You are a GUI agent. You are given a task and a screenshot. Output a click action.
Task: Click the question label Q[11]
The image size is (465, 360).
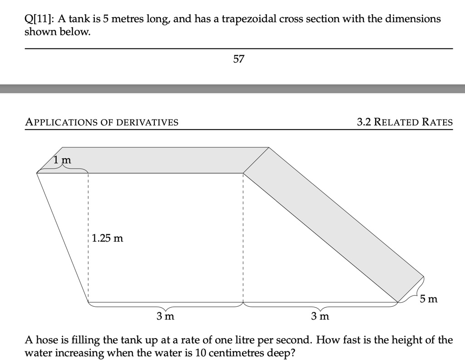click(x=39, y=19)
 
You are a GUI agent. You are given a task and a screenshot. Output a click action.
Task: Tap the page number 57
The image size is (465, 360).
click(x=239, y=59)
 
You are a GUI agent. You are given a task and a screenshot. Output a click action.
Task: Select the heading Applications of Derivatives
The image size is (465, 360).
click(x=102, y=122)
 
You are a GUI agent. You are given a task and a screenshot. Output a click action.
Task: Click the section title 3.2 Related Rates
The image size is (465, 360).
click(x=405, y=122)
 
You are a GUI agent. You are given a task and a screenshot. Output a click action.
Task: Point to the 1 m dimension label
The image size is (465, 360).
click(x=62, y=160)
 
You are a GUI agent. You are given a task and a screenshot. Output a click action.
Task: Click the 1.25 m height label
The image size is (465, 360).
click(x=107, y=238)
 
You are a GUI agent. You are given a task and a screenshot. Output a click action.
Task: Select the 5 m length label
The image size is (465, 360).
click(x=428, y=299)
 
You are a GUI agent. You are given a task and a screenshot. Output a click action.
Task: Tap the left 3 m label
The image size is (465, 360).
click(x=165, y=316)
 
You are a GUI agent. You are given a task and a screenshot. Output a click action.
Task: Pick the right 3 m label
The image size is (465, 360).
click(x=320, y=316)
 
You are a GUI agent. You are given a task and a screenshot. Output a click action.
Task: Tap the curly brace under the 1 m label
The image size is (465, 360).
click(x=62, y=169)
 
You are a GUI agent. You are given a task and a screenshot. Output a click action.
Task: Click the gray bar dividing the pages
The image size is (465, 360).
click(x=232, y=88)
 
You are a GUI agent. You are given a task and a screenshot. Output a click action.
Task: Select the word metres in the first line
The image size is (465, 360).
click(x=127, y=19)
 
